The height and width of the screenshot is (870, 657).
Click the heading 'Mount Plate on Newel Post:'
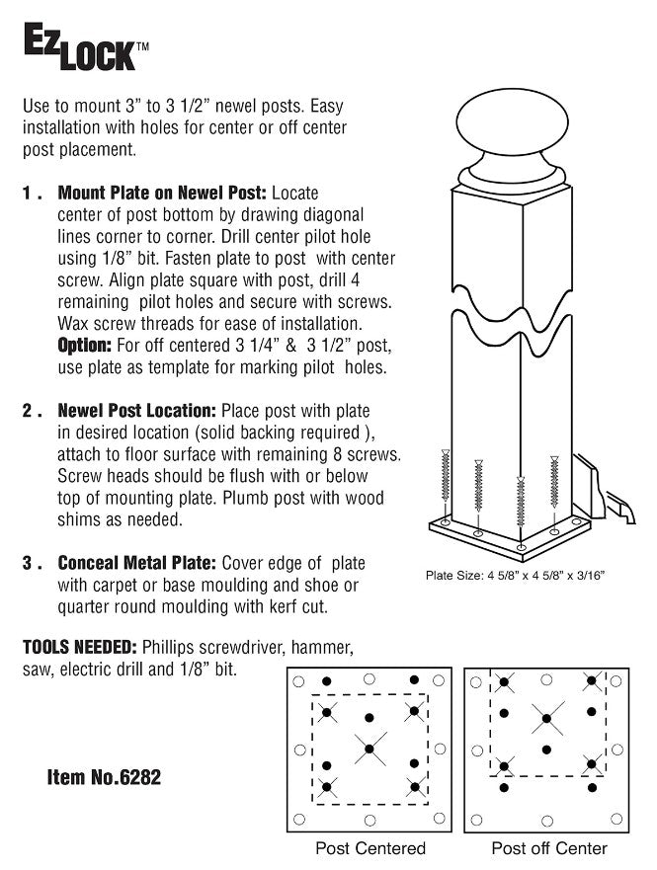(161, 192)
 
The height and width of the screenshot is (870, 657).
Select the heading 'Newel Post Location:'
(137, 410)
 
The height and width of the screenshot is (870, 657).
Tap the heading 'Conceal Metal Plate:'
(137, 563)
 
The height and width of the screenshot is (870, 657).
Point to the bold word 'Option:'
(88, 346)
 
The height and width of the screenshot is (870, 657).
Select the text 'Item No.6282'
(104, 778)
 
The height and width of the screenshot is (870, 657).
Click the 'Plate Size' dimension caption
(515, 574)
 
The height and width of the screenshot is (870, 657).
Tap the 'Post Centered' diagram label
(370, 848)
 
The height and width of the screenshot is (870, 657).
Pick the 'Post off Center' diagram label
(549, 848)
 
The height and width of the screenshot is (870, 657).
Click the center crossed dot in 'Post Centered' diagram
(370, 750)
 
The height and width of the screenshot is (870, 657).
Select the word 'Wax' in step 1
(74, 324)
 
